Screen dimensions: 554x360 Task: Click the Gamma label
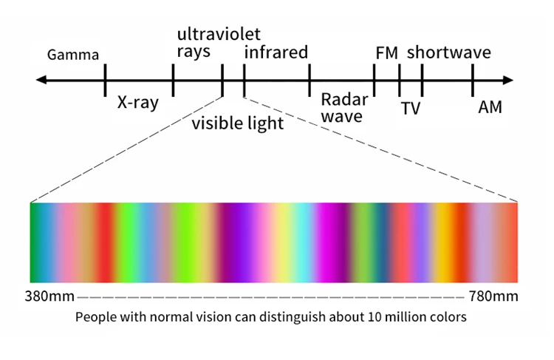pos(72,55)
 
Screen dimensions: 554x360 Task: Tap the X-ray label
pos(138,103)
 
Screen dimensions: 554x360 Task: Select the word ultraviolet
pos(219,34)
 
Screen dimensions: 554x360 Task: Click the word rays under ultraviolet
pos(194,52)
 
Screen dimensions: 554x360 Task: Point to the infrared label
pos(276,52)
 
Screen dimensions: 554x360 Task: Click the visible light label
pos(238,123)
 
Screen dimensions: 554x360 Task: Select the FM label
pos(386,52)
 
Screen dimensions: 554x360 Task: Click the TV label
pos(410,109)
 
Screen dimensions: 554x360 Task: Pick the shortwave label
pos(449,52)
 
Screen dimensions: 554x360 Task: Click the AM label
pos(490,107)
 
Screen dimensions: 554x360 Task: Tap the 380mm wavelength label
pos(49,296)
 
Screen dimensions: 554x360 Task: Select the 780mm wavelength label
pos(493,296)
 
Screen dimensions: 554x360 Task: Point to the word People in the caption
pos(94,318)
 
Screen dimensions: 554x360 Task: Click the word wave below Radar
pos(342,116)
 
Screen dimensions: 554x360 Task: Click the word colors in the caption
pos(444,318)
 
